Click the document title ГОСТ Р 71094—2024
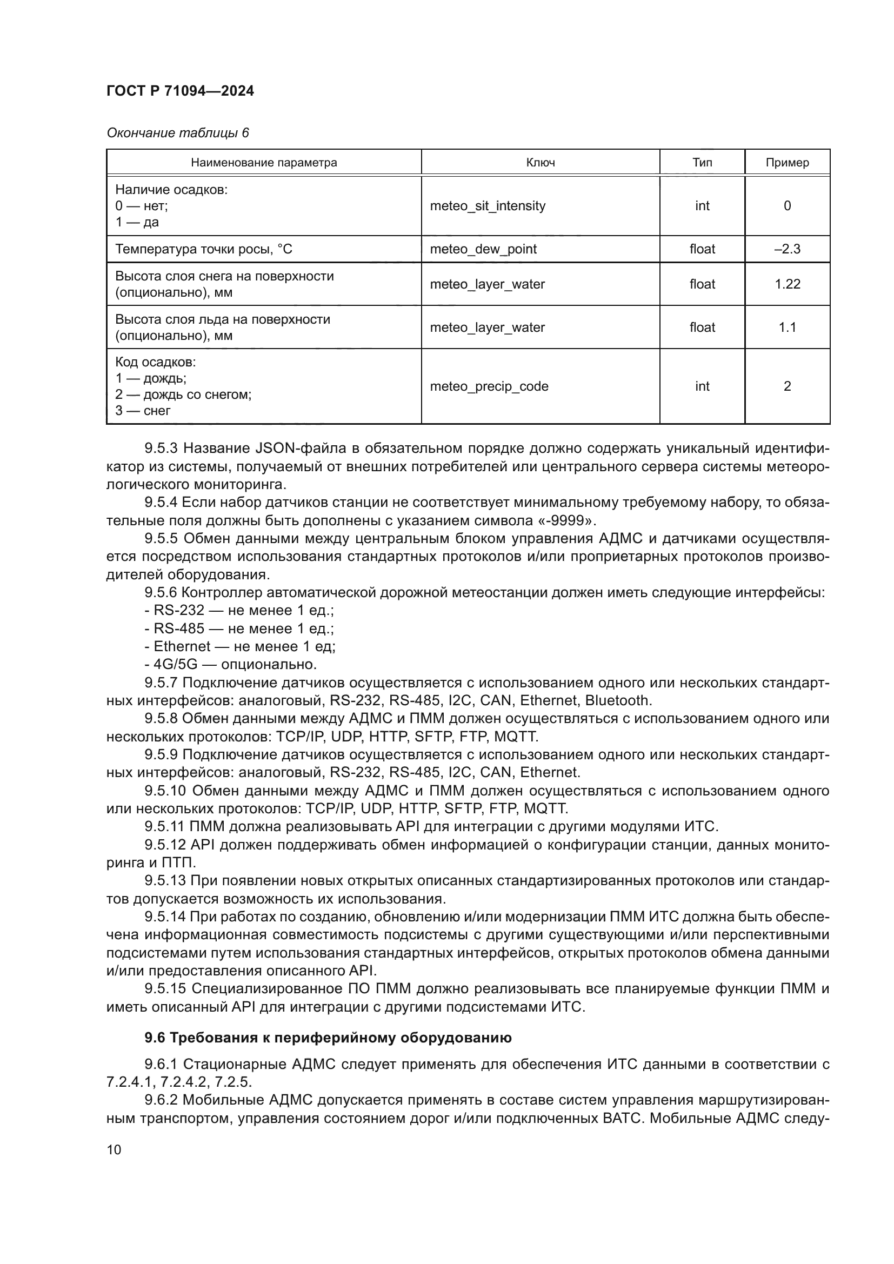coord(180,91)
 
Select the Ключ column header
coord(540,163)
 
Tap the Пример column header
coord(786,163)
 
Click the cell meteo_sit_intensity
coord(487,206)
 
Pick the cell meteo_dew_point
coord(483,249)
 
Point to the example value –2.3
coord(786,249)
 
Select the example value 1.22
coord(786,284)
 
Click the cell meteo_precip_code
coord(489,386)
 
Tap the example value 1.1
coord(786,327)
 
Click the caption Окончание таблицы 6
coord(177,133)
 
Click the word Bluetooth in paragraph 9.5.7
coord(618,700)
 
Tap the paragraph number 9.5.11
coord(165,826)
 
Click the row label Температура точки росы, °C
coord(204,249)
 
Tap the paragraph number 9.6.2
coord(161,1100)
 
